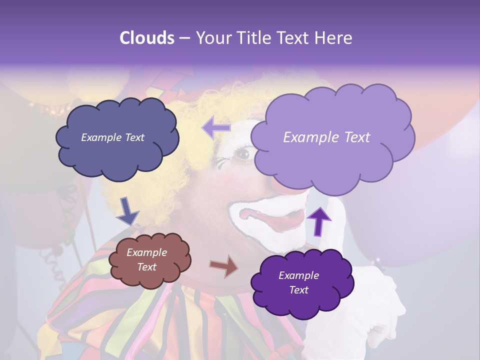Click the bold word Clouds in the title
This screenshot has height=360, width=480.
(x=147, y=38)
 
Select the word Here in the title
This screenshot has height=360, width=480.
(x=333, y=38)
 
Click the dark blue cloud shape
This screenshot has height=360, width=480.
(x=117, y=155)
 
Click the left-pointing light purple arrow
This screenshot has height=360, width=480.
(x=216, y=127)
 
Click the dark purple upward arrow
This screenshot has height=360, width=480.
(x=319, y=220)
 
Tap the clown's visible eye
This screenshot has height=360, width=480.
(x=243, y=153)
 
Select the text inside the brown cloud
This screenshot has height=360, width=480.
(x=147, y=259)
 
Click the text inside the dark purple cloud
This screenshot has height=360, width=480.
(x=299, y=282)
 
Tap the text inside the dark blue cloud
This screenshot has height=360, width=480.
(x=113, y=137)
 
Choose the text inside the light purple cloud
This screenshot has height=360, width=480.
(x=326, y=137)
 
